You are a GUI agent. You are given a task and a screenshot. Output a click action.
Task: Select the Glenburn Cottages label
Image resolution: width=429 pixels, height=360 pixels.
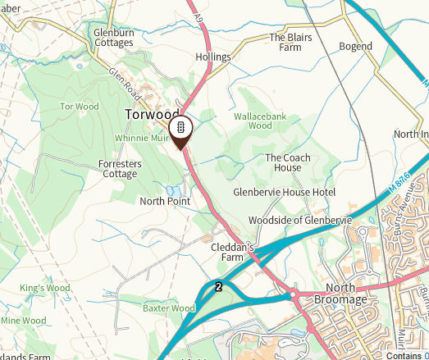tap(113, 38)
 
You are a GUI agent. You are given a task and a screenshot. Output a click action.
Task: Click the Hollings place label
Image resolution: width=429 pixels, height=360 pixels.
tap(213, 57)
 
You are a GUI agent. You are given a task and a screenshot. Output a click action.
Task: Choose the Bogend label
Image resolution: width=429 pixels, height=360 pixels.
tap(355, 48)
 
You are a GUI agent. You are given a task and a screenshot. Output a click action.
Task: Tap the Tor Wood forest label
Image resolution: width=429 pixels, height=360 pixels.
tap(80, 107)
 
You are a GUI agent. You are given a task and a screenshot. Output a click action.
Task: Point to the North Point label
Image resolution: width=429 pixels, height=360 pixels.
tap(165, 201)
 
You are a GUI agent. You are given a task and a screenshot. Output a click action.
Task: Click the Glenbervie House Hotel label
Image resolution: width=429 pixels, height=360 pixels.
tap(285, 192)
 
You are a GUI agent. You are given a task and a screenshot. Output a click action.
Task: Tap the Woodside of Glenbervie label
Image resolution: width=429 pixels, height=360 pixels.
tap(299, 221)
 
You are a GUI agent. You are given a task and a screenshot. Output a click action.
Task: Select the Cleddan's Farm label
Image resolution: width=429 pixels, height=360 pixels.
tap(234, 252)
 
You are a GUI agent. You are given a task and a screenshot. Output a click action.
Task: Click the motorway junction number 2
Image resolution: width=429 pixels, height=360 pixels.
tap(218, 287)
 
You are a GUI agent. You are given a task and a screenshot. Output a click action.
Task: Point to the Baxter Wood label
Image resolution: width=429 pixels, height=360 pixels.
tap(168, 308)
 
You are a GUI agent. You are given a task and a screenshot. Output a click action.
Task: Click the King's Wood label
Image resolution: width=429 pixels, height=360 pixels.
tap(46, 289)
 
